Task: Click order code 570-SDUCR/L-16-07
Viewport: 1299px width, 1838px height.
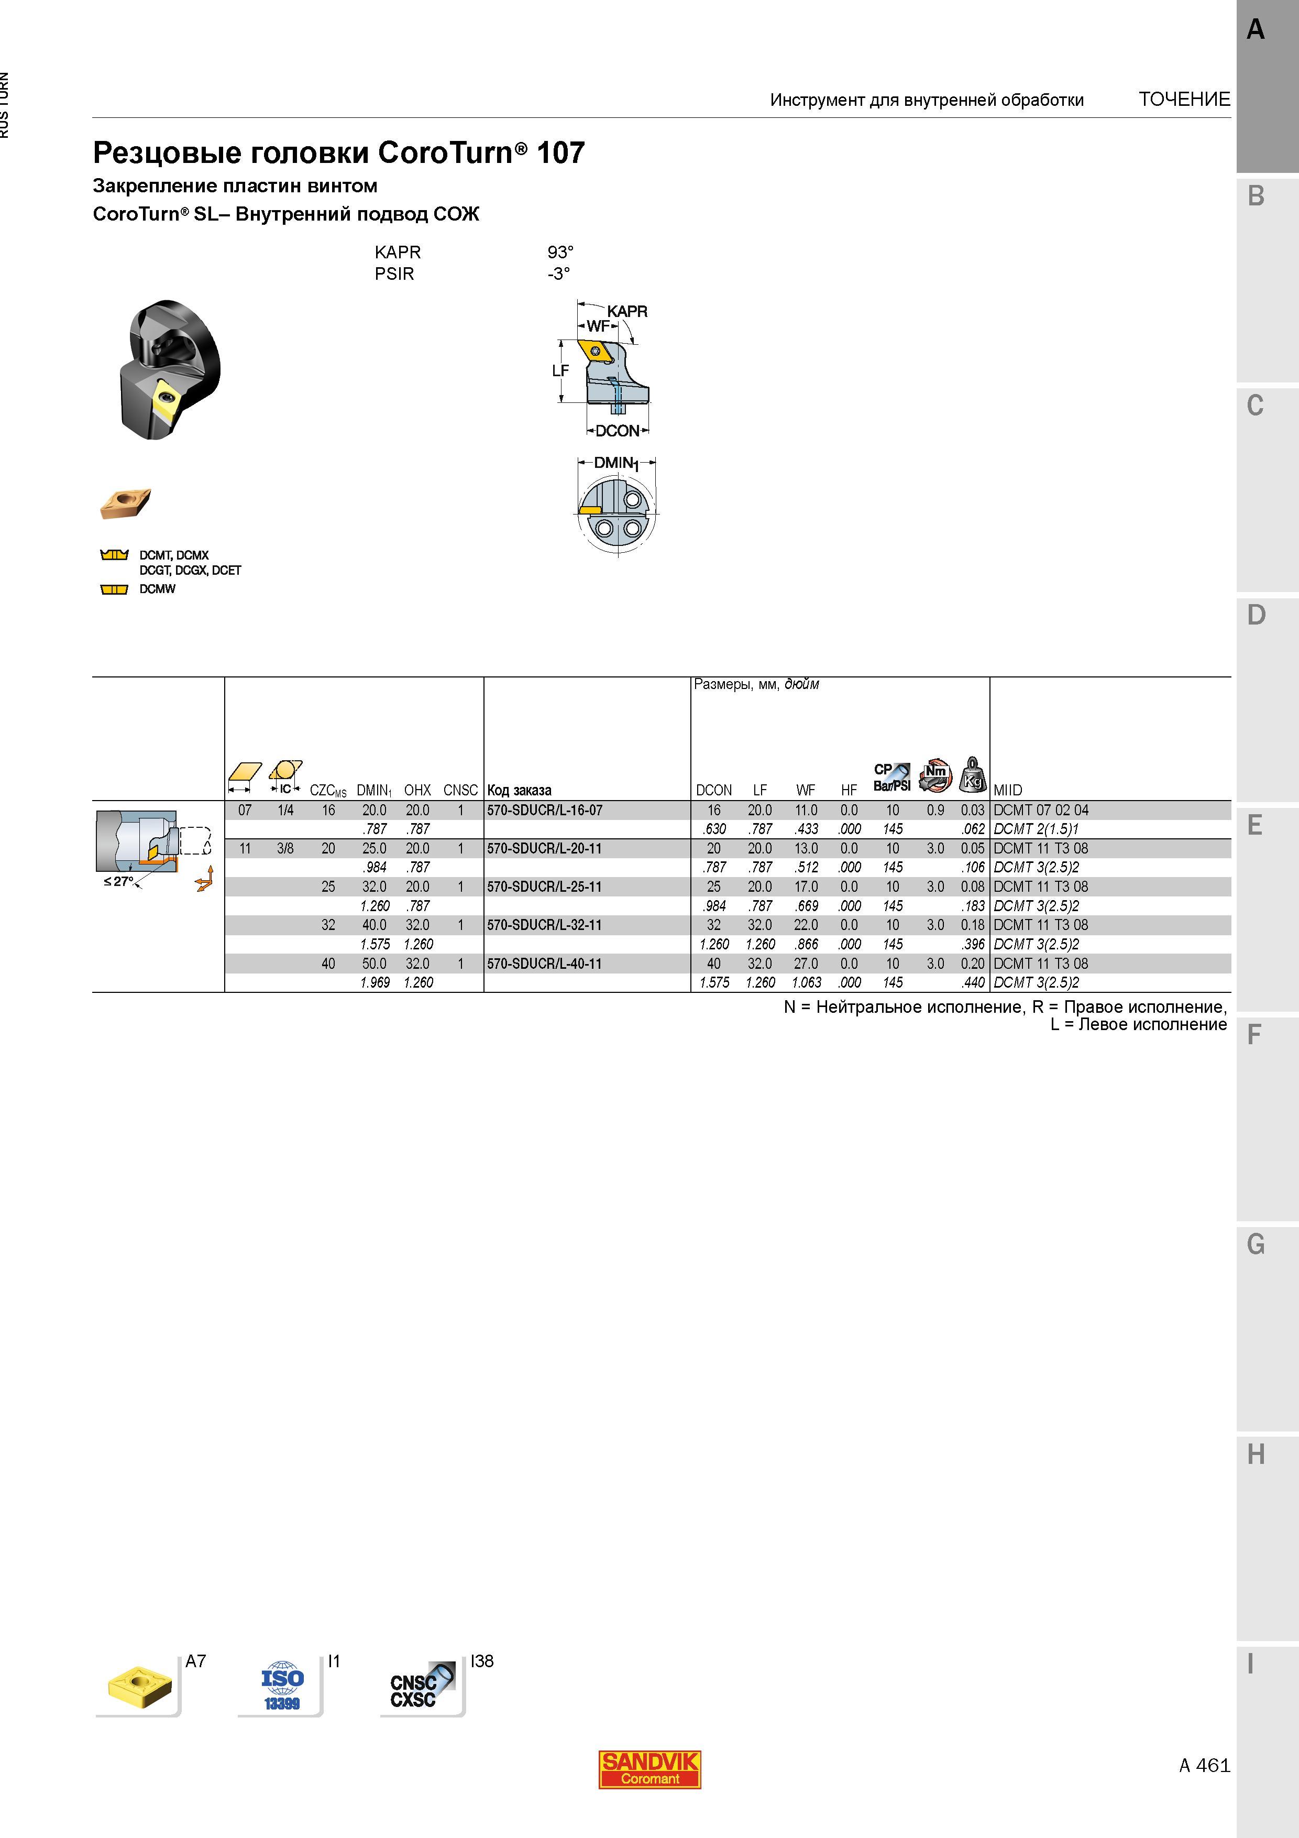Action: coord(544,810)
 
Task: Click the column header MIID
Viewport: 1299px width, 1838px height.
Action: coord(1008,790)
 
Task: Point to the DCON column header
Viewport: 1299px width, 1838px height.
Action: coord(714,790)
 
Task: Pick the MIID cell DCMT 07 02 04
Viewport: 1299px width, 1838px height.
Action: coord(1040,810)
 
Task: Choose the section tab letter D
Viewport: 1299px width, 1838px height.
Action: coord(1256,615)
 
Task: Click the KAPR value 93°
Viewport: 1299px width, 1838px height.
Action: coord(560,252)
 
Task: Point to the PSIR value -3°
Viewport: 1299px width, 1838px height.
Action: coord(559,274)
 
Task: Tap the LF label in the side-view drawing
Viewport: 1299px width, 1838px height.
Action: coord(560,370)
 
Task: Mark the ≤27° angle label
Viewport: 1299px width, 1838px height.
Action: coord(118,881)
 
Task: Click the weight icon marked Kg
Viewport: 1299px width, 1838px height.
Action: coord(973,774)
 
